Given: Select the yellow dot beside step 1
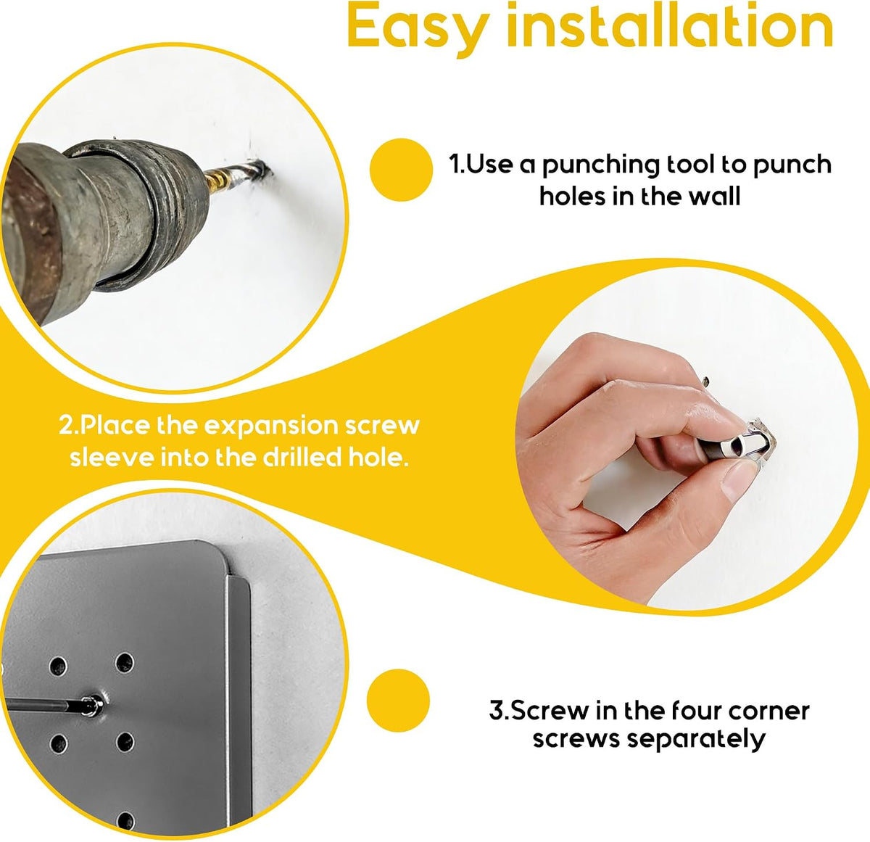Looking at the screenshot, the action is (401, 170).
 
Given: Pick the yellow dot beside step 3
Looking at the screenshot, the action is (398, 701).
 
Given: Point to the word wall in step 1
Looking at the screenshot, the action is (715, 197).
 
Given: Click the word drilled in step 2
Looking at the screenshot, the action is (302, 458).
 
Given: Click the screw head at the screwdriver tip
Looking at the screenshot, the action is (94, 706).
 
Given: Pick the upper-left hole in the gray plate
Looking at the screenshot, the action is (58, 666).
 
